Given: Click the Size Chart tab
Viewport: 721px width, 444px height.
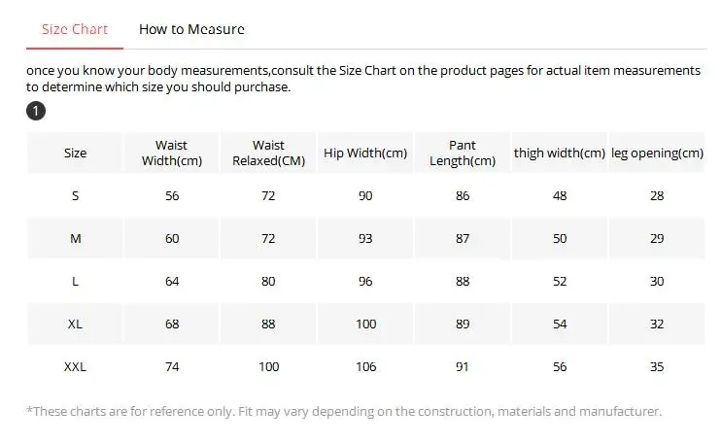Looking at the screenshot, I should (75, 29).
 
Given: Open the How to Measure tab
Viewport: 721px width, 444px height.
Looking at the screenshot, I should (191, 29).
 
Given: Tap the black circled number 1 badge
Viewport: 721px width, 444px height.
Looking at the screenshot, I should (36, 111).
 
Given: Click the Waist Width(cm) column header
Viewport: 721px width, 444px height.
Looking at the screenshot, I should (172, 154).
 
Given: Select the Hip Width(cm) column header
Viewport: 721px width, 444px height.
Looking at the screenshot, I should (365, 154).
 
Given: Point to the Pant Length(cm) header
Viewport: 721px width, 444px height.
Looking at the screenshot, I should (463, 154).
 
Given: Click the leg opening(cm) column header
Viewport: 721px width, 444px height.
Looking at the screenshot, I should (657, 154).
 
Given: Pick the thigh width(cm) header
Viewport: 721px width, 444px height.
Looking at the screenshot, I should (560, 154).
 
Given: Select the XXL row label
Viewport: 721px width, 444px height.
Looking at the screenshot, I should (75, 366).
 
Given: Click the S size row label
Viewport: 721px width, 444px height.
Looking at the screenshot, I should (75, 196).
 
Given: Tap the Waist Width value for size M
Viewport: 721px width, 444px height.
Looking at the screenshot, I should (172, 239).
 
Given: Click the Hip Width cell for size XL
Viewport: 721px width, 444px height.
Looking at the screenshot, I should (365, 324).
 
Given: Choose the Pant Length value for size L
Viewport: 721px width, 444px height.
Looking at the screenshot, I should (463, 282).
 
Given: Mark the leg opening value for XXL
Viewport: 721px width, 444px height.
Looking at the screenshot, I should (657, 366).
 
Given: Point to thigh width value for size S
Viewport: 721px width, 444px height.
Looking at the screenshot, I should (560, 196).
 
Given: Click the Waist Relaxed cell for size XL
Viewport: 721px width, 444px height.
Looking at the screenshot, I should (268, 324).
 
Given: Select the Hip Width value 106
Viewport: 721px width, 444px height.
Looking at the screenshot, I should (365, 366).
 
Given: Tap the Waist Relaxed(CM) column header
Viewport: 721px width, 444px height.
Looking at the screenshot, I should (268, 154).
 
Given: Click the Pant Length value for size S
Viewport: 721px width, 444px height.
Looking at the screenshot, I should (463, 196).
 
